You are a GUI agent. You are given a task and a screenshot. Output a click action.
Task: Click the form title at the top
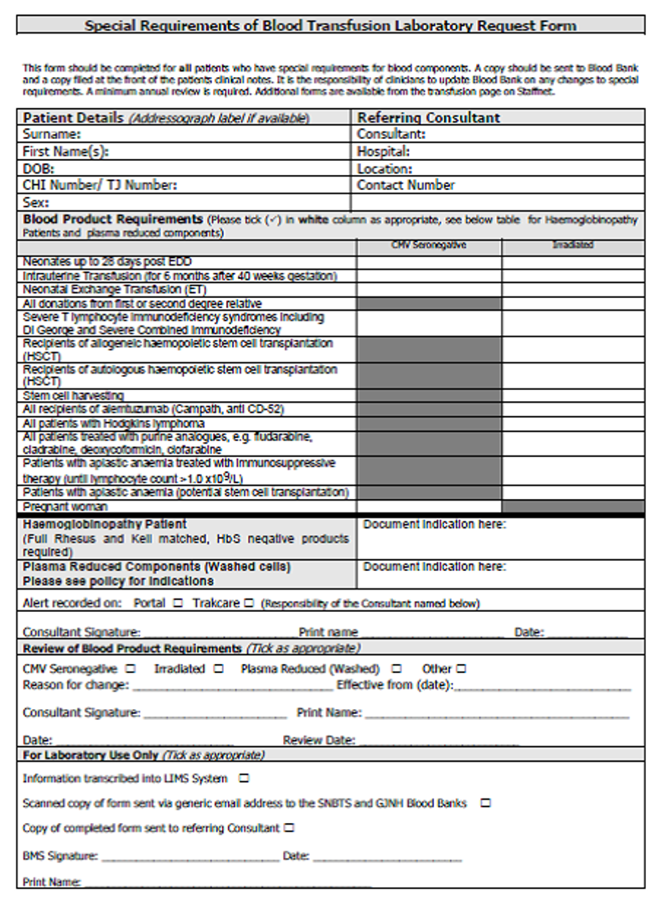click(x=330, y=25)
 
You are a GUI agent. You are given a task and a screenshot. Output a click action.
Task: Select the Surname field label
click(x=52, y=134)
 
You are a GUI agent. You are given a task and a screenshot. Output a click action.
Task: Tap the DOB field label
click(x=39, y=168)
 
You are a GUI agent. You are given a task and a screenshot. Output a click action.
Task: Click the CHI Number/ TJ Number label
click(x=100, y=185)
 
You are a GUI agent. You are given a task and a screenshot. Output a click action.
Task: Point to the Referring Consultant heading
click(x=428, y=117)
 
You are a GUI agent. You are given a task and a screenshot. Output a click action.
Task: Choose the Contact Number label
click(x=406, y=185)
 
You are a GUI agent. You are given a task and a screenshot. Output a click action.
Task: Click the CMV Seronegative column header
click(x=429, y=245)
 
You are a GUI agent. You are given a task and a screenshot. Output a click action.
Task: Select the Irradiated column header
click(x=573, y=245)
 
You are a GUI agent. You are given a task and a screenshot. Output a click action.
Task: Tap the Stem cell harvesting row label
click(x=74, y=395)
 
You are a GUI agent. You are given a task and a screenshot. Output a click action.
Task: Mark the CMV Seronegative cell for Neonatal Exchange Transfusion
click(x=429, y=289)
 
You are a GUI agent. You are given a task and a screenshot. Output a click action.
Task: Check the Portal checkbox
click(x=177, y=603)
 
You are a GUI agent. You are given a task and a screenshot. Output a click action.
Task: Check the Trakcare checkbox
click(x=248, y=603)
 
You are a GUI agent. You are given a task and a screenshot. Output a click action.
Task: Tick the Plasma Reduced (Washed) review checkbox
click(x=396, y=669)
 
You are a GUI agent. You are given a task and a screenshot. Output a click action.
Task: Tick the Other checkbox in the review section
click(x=462, y=669)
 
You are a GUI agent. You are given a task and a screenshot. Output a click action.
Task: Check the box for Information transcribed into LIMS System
click(x=245, y=779)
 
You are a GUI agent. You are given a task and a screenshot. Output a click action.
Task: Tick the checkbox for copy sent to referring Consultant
click(x=289, y=828)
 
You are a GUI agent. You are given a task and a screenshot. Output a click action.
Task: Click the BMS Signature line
click(x=189, y=857)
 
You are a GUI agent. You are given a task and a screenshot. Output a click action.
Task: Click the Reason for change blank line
click(x=232, y=686)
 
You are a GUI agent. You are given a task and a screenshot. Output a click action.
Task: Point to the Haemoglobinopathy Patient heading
click(x=105, y=524)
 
